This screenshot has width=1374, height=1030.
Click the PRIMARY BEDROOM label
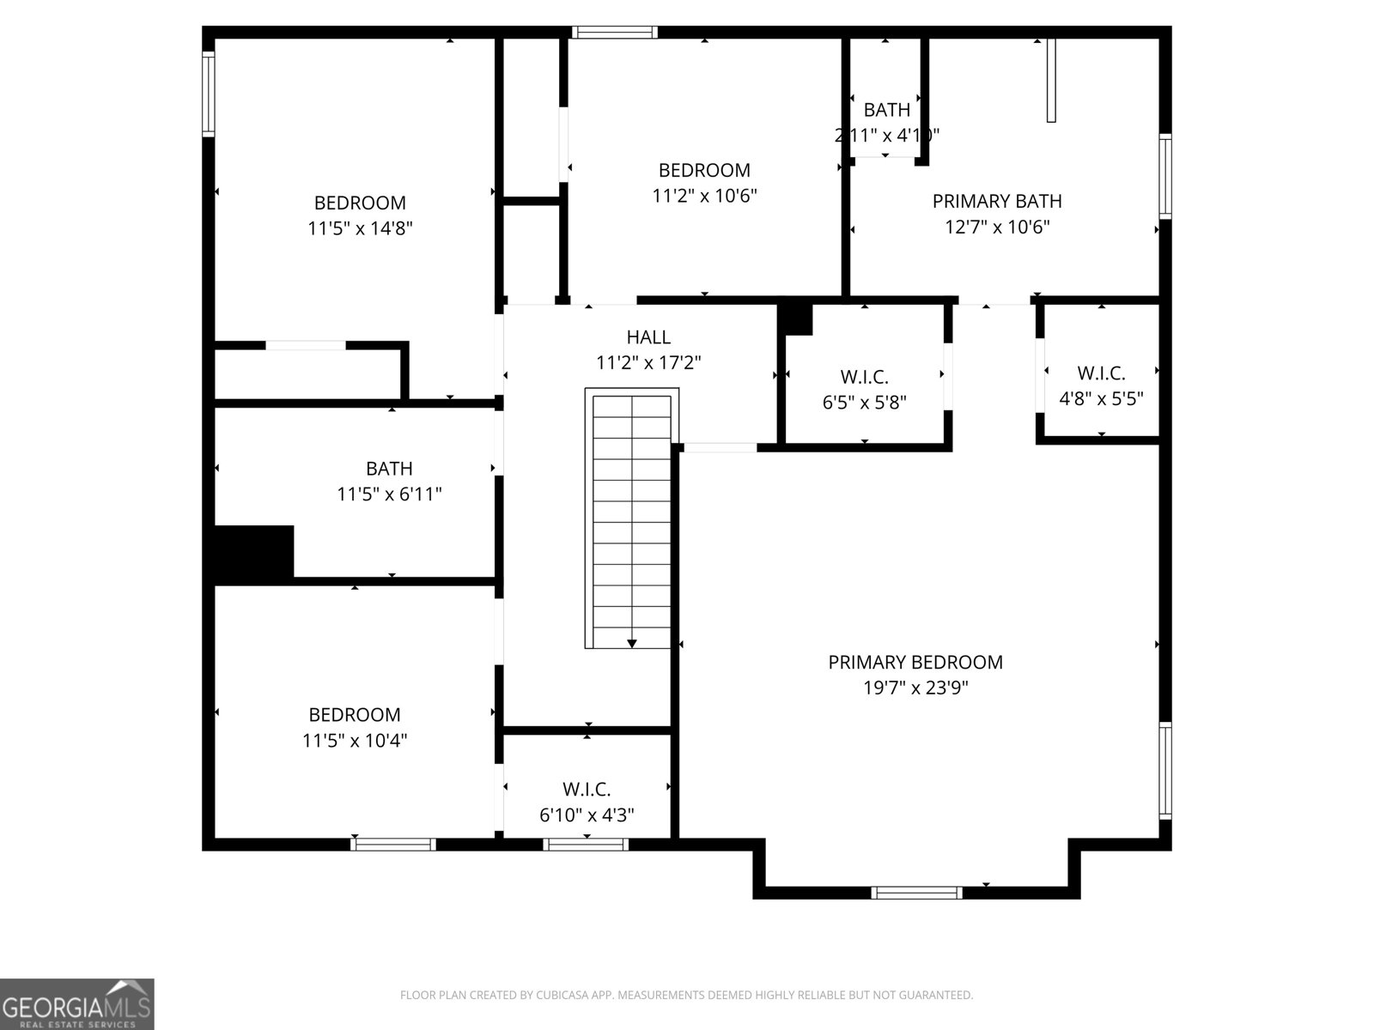(915, 662)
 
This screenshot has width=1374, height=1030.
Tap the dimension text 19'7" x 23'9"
(915, 688)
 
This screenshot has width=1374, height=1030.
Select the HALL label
(648, 337)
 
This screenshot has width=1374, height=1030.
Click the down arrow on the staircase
(632, 642)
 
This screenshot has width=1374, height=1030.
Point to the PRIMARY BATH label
(997, 201)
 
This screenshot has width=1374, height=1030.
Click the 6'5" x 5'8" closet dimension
(864, 402)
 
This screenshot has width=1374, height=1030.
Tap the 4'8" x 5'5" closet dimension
(1101, 398)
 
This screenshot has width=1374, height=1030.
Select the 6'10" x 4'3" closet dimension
(587, 815)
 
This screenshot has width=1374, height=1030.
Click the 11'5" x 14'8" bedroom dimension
(360, 228)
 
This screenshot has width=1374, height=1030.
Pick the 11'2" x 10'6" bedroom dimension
(704, 196)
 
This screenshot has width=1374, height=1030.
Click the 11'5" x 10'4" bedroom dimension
(355, 740)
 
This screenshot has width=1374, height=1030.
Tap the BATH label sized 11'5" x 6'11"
(389, 469)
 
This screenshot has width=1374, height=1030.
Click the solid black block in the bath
(253, 552)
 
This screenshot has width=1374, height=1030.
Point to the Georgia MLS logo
(77, 1003)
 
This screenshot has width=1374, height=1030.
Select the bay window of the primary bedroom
(916, 893)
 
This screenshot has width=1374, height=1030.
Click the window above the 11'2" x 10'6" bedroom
(615, 33)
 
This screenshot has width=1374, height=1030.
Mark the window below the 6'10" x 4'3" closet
(587, 845)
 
